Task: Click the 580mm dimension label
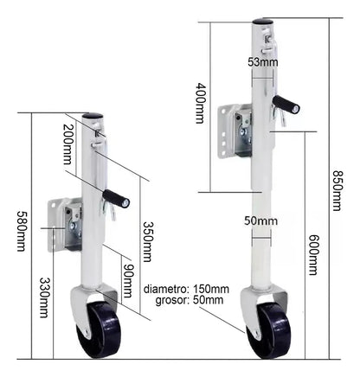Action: tap(21, 231)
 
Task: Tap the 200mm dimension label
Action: tap(68, 144)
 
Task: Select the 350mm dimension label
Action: tap(147, 241)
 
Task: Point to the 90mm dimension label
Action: tap(127, 280)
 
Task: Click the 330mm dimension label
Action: tap(44, 297)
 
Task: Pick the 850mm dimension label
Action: tap(337, 191)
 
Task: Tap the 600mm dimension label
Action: tap(313, 255)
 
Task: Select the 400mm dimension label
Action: tap(201, 103)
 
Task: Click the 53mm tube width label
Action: tap(263, 62)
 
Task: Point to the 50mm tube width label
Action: tap(260, 221)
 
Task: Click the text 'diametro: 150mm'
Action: tap(186, 289)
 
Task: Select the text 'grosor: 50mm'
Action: tap(190, 300)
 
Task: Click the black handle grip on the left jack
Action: tap(116, 199)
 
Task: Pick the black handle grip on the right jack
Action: tap(286, 105)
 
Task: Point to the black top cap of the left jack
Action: tap(93, 116)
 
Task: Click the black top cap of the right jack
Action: tap(262, 22)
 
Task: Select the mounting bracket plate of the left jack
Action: tap(65, 225)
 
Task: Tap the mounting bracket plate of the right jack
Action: tap(235, 131)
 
